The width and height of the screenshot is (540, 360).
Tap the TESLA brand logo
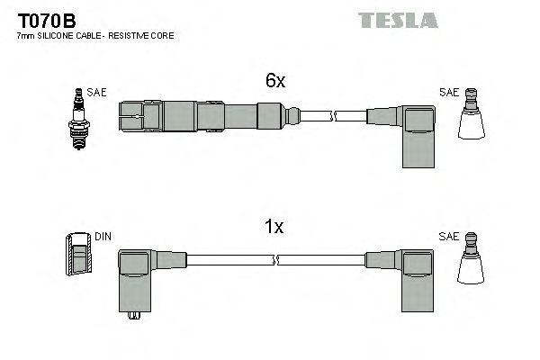(398, 20)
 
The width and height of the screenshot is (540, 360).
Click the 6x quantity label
(275, 81)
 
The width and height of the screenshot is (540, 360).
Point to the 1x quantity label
(275, 228)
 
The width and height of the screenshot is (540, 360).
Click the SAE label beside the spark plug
(94, 92)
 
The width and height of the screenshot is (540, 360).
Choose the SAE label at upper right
(448, 92)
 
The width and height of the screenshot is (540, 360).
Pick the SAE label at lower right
(448, 236)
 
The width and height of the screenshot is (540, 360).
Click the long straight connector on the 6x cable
(202, 115)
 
